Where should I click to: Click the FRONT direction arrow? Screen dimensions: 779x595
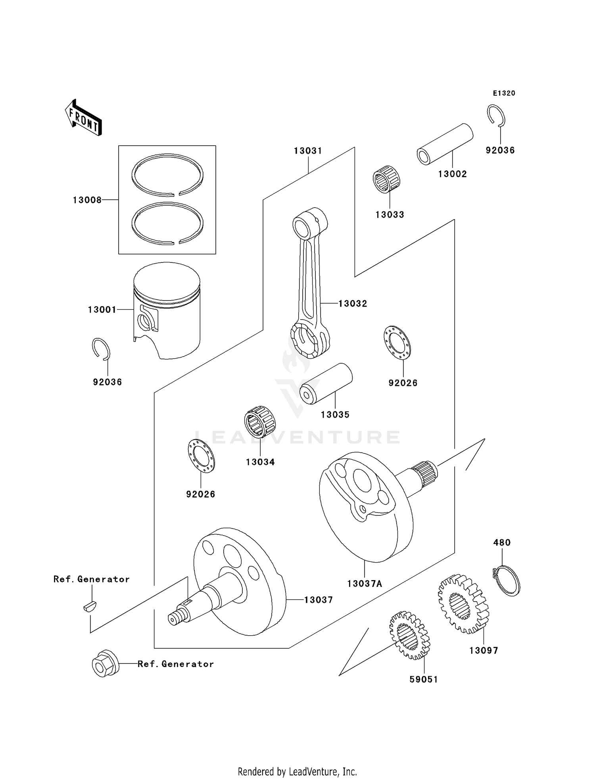coord(84,118)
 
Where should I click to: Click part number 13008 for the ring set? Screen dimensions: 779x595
coord(87,200)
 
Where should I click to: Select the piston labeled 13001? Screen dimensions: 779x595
coord(167,310)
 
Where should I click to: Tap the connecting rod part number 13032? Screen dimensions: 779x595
coord(353,304)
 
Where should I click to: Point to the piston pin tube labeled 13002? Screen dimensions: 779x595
coord(445,144)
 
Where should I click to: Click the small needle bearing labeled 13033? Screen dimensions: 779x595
coord(386,180)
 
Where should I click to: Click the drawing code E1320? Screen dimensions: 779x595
coord(504,93)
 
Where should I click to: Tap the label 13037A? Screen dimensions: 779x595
coord(365,584)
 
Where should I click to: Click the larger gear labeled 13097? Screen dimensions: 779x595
coord(463,604)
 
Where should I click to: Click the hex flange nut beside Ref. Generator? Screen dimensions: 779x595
coord(104,663)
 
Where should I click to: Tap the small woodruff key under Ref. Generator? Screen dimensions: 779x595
coord(90,606)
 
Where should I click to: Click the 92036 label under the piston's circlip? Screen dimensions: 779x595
coord(107,382)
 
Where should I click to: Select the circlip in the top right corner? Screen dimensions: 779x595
coord(496,116)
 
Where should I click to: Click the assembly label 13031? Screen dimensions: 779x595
coord(308,151)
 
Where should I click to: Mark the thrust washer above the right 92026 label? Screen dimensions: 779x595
coord(397,342)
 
